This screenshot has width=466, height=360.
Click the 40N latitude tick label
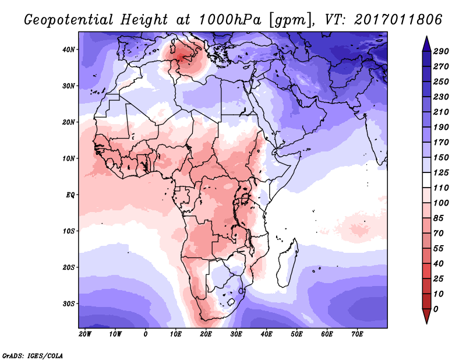coord(69,50)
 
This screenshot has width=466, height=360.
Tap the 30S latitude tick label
coord(69,303)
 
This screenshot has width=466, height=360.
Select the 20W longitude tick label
coord(84,334)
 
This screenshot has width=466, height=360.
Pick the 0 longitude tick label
coord(146,334)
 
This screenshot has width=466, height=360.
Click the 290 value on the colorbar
coord(441,52)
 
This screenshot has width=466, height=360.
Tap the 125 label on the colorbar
coord(441,173)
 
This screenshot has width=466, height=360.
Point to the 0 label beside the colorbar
coord(436,308)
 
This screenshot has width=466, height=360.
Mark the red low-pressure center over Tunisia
coord(183,55)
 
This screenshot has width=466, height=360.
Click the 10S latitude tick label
coord(69,231)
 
